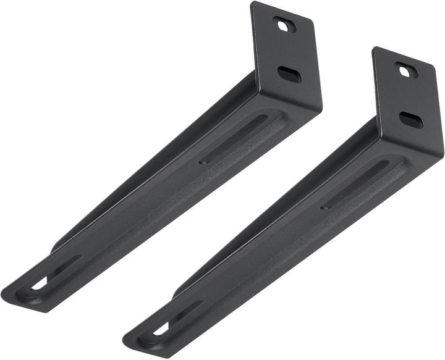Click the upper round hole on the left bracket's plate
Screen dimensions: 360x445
pos(284,25)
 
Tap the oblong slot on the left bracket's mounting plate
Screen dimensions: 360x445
pos(289,74)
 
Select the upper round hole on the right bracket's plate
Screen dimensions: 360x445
pos(406,71)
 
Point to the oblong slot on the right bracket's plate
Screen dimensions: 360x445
pos(410,120)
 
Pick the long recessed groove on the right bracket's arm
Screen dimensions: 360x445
pos(358,183)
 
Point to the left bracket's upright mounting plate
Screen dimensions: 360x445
pos(286,56)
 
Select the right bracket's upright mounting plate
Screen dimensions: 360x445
pos(408,102)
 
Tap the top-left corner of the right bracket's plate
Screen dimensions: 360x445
pos(374,49)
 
